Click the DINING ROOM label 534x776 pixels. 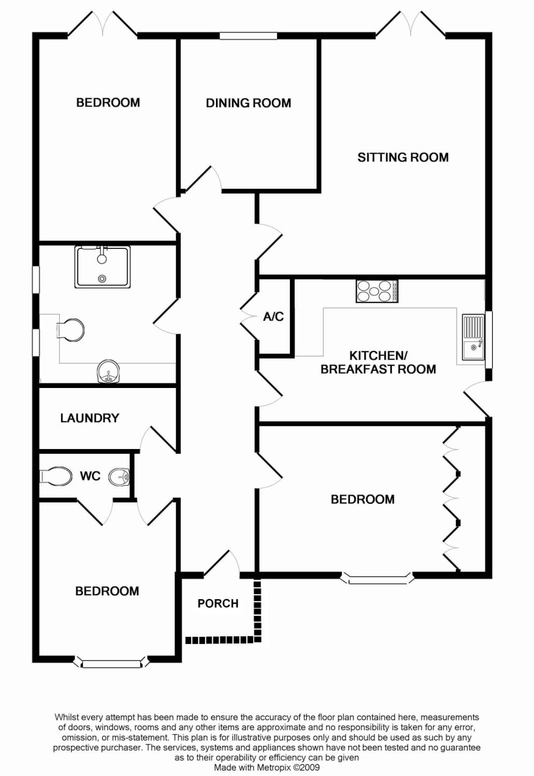(248, 103)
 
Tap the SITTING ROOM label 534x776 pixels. (403, 157)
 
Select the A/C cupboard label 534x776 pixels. (273, 316)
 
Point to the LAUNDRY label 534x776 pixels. (90, 418)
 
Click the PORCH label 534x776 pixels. (218, 603)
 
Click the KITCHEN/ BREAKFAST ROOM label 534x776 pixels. (378, 362)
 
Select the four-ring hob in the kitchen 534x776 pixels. (377, 291)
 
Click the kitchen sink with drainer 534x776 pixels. (473, 336)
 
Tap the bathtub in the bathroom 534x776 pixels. (102, 267)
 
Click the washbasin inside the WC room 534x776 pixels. (119, 477)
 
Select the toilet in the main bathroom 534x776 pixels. (70, 330)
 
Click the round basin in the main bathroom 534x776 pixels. (109, 371)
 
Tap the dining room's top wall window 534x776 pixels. (249, 36)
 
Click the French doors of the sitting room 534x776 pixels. (411, 24)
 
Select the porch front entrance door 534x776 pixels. (222, 562)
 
